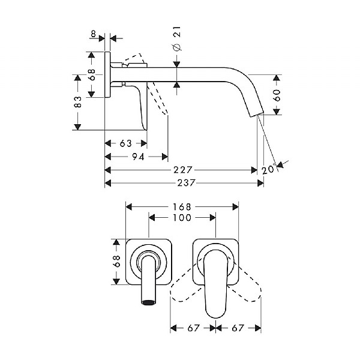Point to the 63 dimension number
(125, 143)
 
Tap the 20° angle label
(268, 170)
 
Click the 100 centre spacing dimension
(181, 218)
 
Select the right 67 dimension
(239, 328)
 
